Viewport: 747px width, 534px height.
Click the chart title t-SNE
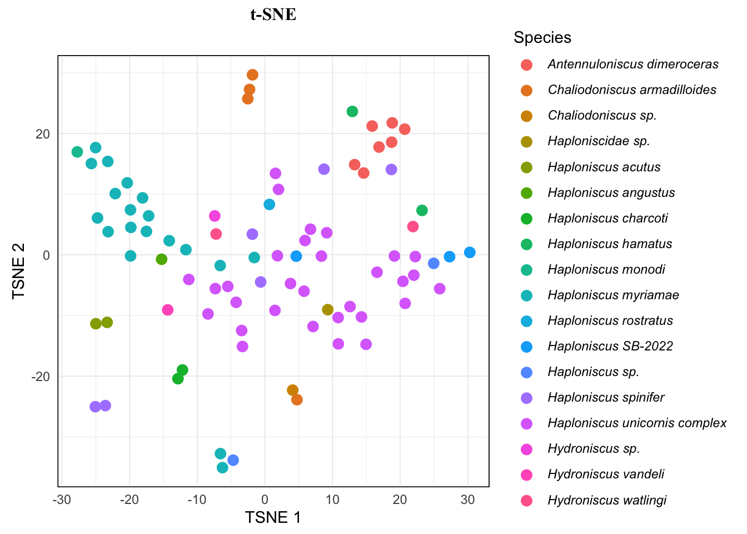[273, 14]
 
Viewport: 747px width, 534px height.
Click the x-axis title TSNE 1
[273, 517]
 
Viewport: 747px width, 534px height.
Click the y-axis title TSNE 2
[19, 271]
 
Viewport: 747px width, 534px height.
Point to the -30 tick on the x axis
[62, 500]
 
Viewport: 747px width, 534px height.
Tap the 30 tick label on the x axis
[467, 500]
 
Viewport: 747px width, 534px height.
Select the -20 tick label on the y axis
[40, 377]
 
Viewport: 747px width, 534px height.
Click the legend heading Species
[542, 38]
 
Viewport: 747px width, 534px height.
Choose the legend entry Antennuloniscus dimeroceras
[633, 65]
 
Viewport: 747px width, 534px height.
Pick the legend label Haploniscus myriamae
[613, 295]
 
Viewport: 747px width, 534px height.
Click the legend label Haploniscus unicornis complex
[637, 423]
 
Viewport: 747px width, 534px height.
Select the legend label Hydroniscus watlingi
[607, 501]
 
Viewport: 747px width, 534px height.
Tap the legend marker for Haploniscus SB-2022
[526, 347]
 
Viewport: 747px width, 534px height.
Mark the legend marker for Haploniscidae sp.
[526, 142]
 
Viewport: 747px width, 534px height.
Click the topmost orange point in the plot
[252, 75]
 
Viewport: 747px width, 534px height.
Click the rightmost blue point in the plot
[470, 253]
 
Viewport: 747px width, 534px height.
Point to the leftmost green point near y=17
[77, 152]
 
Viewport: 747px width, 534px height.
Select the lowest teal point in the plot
[222, 468]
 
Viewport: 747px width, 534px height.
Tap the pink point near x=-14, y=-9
[167, 310]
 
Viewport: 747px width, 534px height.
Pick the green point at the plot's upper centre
[352, 112]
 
